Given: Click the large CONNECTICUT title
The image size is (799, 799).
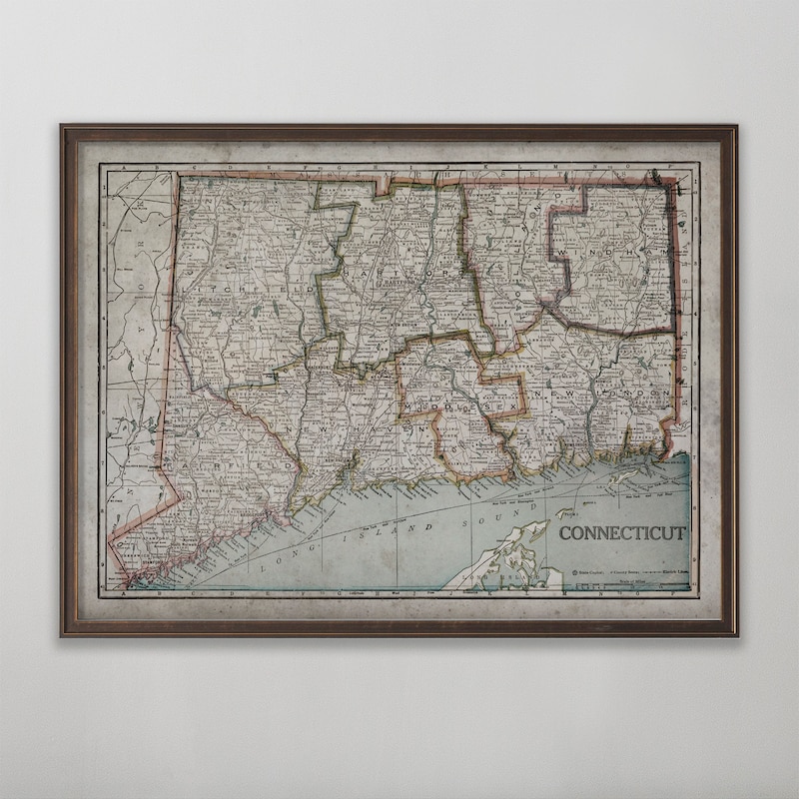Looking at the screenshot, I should pyautogui.click(x=621, y=532).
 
